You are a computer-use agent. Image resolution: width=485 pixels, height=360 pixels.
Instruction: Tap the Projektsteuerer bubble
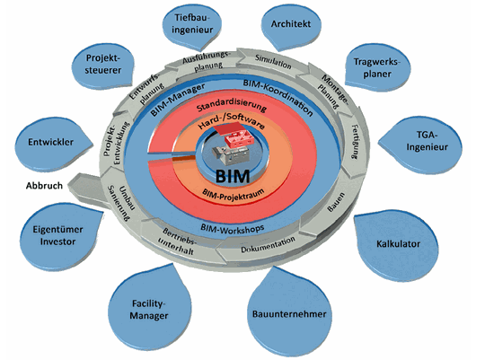tap(104, 64)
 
